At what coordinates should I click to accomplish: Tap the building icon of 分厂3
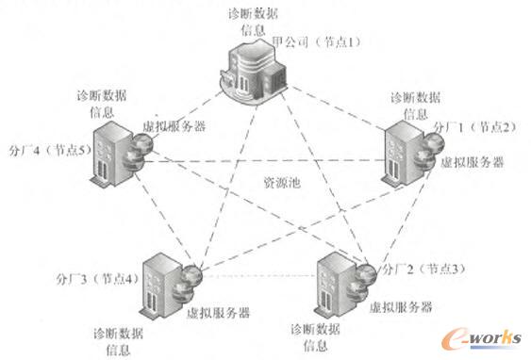pyautogui.click(x=161, y=283)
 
